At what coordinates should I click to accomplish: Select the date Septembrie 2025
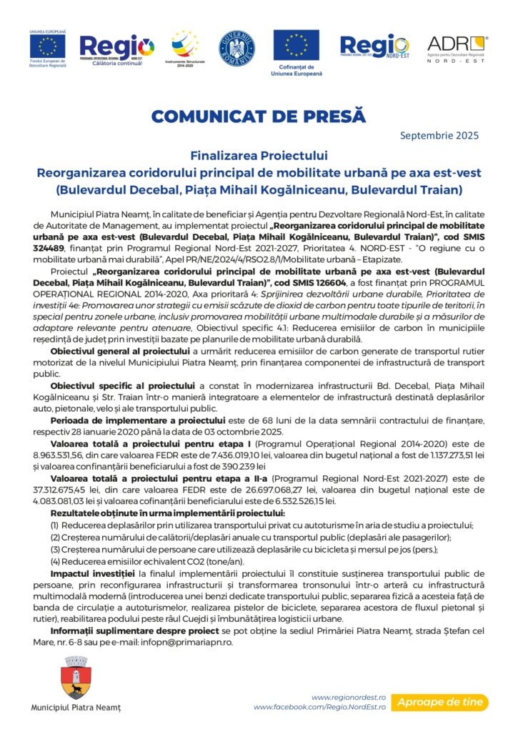click(x=439, y=135)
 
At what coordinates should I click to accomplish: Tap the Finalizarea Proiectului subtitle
click(x=259, y=155)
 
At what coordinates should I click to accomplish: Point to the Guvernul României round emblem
click(x=236, y=46)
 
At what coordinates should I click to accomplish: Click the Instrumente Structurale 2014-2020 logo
click(x=184, y=48)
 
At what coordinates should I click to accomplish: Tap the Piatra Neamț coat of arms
click(x=75, y=679)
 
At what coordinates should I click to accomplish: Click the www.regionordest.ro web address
click(x=349, y=697)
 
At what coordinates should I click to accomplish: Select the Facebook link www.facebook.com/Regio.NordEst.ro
click(x=319, y=707)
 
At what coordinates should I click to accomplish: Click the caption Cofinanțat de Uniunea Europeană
click(x=297, y=70)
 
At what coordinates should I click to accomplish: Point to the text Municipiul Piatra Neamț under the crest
click(x=76, y=708)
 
